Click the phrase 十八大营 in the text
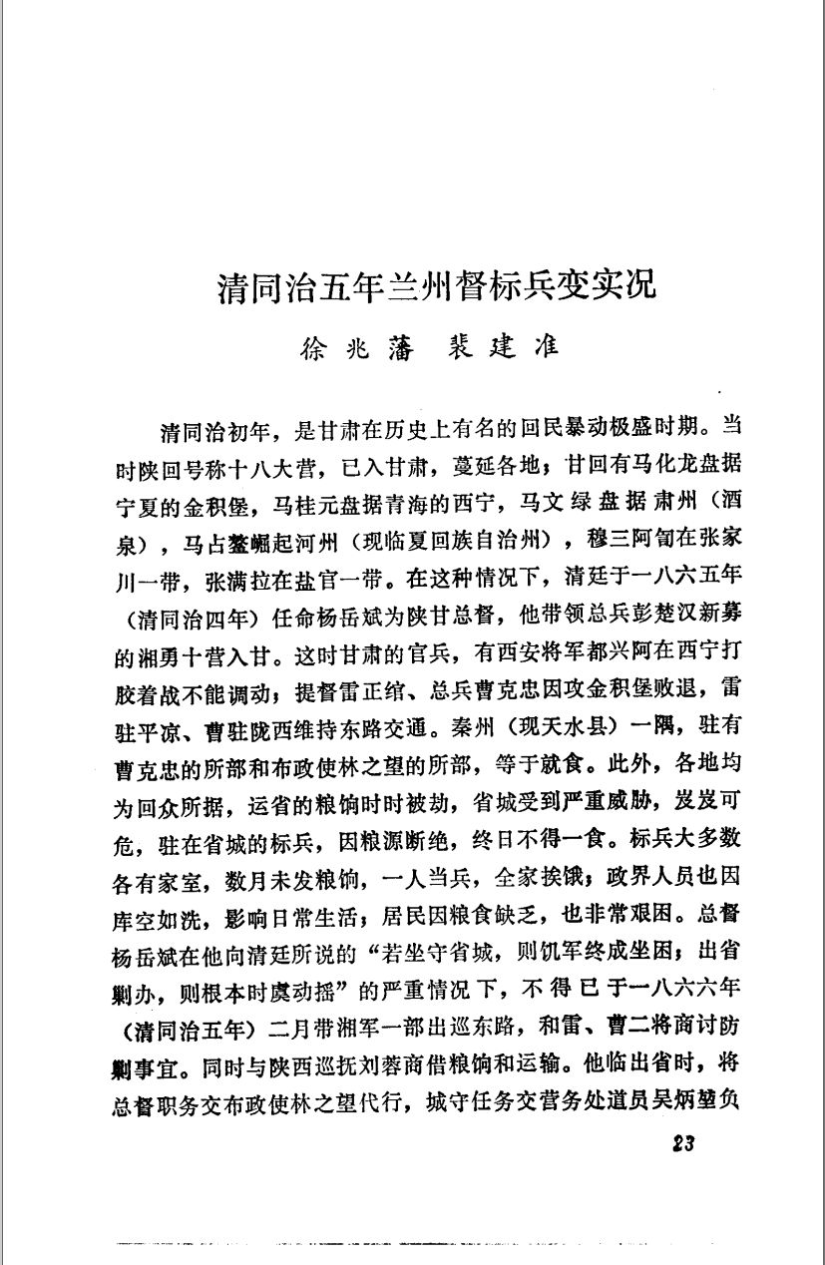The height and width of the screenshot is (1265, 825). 289,464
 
